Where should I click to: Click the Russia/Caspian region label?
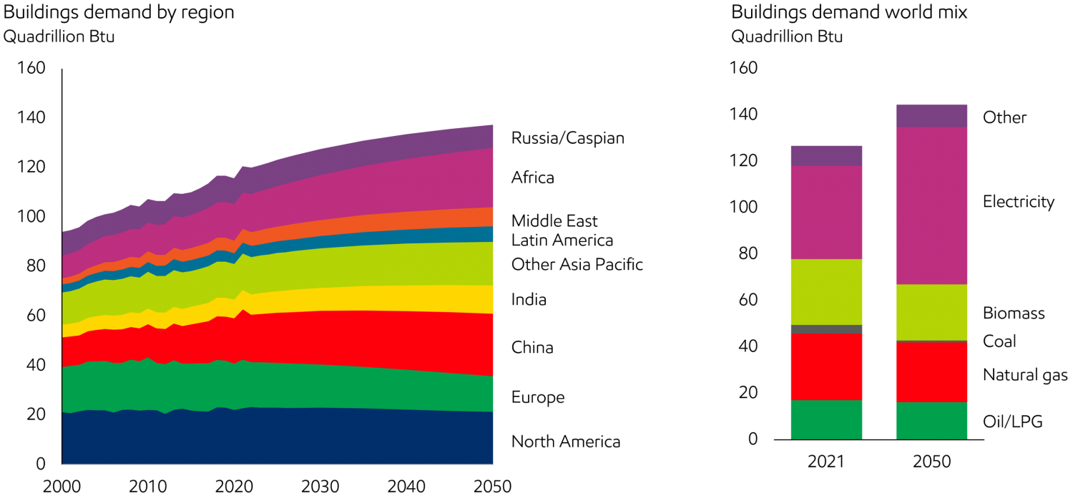pyautogui.click(x=568, y=138)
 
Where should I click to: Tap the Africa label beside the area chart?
pyautogui.click(x=532, y=178)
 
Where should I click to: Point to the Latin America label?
pyautogui.click(x=562, y=240)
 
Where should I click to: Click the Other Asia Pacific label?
pyautogui.click(x=577, y=265)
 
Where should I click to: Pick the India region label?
pyautogui.click(x=529, y=300)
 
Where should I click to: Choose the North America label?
pyautogui.click(x=567, y=442)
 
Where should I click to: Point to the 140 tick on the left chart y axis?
pyautogui.click(x=31, y=117)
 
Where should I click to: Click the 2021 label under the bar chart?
pyautogui.click(x=826, y=462)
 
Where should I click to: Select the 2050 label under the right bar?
pyautogui.click(x=932, y=462)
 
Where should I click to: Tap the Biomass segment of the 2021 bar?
pyautogui.click(x=826, y=291)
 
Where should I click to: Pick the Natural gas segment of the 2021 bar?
pyautogui.click(x=826, y=366)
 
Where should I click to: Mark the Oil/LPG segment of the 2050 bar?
pyautogui.click(x=932, y=420)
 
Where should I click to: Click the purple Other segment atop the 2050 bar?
pyautogui.click(x=932, y=116)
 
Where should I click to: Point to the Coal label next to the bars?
pyautogui.click(x=999, y=341)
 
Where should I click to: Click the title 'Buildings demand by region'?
pyautogui.click(x=118, y=12)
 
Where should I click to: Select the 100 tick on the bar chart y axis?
pyautogui.click(x=743, y=208)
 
